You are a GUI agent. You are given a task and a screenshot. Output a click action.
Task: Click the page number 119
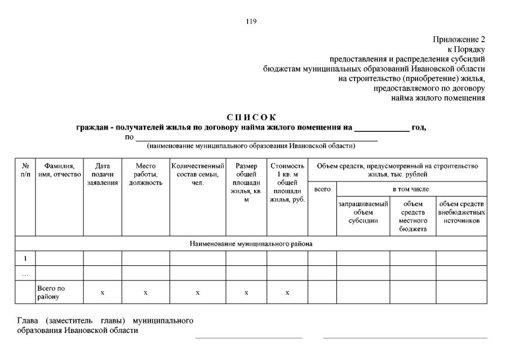[251, 21]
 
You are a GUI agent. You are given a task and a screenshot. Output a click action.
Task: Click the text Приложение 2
[459, 39]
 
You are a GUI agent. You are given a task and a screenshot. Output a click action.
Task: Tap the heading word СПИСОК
[251, 117]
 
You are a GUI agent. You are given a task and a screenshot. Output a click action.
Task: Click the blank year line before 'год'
[382, 128]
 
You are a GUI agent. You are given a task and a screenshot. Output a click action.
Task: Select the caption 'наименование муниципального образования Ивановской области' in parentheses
[251, 146]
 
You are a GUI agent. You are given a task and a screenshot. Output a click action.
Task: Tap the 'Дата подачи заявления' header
[103, 174]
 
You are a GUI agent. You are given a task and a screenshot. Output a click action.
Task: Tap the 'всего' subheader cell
[322, 189]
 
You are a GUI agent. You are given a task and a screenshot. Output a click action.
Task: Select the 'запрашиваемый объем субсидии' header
[363, 212]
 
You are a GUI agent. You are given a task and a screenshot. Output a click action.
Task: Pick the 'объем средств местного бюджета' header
[413, 216]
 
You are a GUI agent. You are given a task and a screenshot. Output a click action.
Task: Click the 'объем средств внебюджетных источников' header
[462, 212]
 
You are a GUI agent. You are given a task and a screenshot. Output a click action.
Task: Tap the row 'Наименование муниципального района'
[251, 244]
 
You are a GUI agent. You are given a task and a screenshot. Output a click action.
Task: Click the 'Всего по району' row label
[51, 292]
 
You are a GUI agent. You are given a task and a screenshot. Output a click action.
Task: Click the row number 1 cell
[25, 259]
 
